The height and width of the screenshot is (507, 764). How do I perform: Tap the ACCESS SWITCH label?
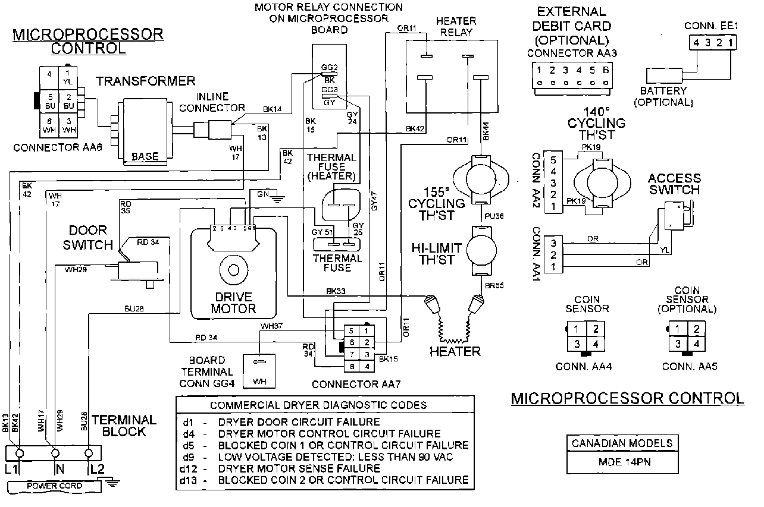click(x=675, y=184)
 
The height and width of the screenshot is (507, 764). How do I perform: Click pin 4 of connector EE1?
click(x=696, y=43)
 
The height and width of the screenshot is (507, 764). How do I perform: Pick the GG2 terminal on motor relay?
click(x=329, y=67)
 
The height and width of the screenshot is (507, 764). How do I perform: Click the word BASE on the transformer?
click(x=145, y=157)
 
